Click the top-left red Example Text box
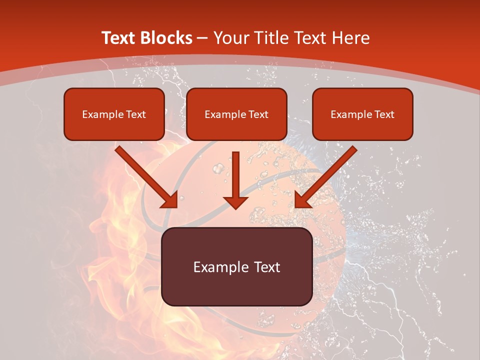click(114, 114)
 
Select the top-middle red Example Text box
click(236, 114)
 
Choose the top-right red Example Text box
click(362, 114)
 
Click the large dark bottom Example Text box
click(236, 266)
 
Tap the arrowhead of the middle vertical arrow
click(235, 202)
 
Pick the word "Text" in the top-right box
click(384, 114)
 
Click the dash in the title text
click(202, 38)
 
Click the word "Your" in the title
click(228, 38)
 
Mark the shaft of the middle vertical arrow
click(235, 172)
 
